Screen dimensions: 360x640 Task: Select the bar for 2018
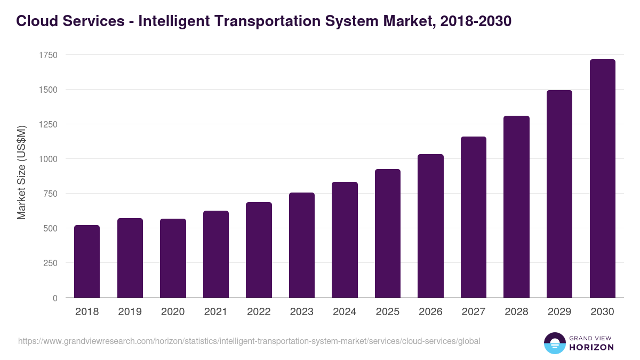87,261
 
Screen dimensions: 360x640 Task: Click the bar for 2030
602,179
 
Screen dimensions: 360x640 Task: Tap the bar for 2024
345,240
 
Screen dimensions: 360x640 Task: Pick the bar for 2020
173,258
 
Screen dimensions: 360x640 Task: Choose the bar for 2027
474,217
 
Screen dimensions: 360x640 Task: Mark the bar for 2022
259,250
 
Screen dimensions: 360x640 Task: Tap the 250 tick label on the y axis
50,263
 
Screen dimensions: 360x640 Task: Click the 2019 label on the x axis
130,312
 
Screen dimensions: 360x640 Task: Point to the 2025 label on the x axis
387,312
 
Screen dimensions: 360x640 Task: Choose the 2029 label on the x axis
559,312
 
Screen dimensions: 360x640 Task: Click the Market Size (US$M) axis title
21,173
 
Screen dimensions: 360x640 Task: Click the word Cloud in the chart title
35,21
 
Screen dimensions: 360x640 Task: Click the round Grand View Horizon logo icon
555,343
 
